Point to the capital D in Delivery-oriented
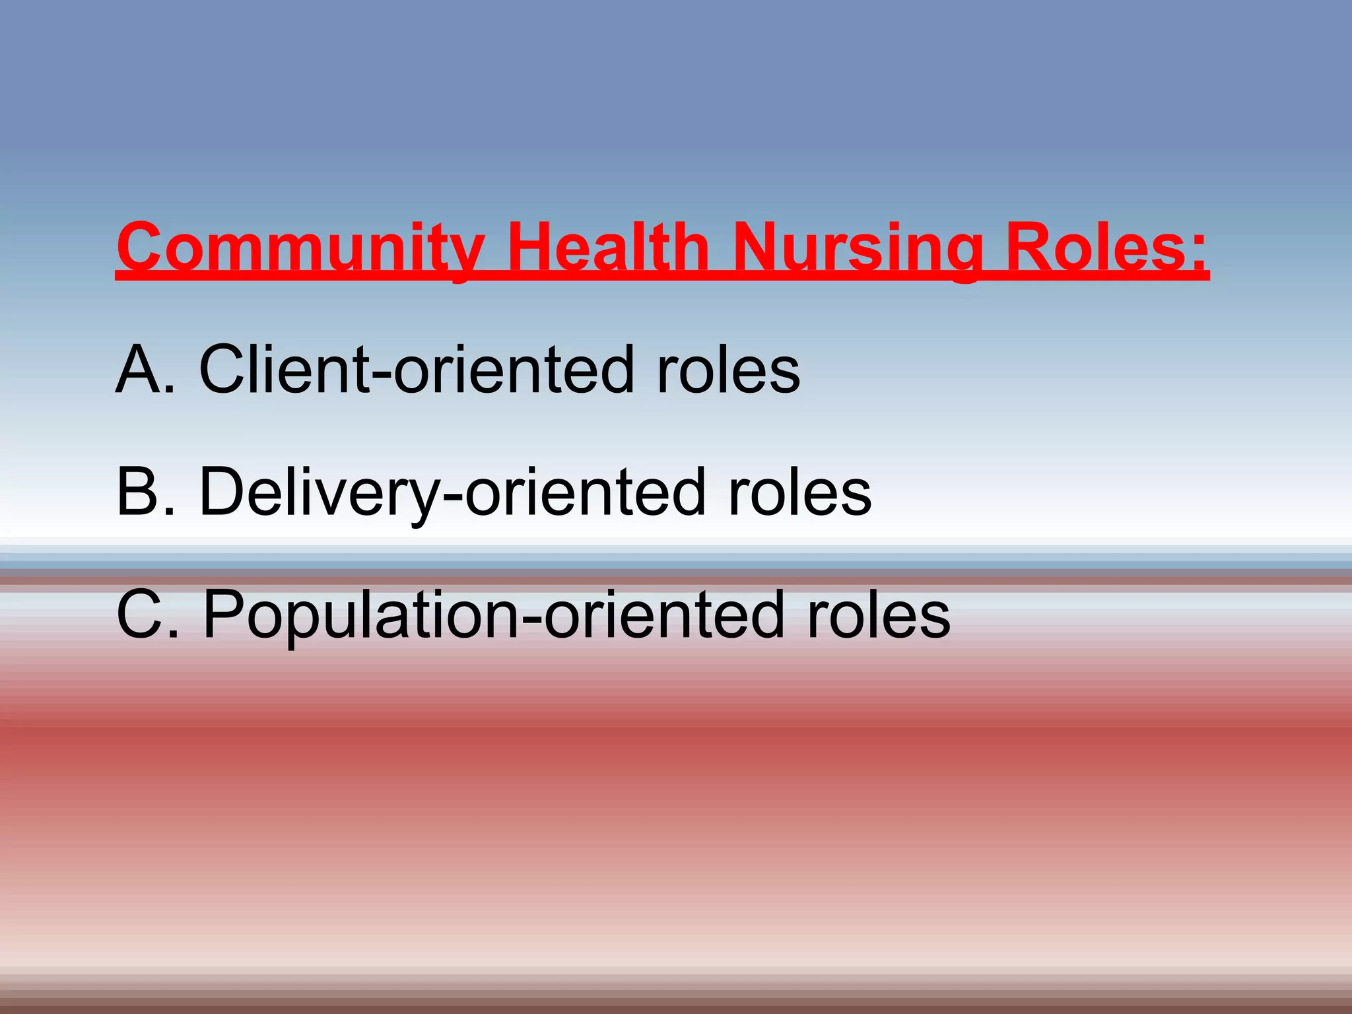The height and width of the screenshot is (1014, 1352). tap(224, 492)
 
